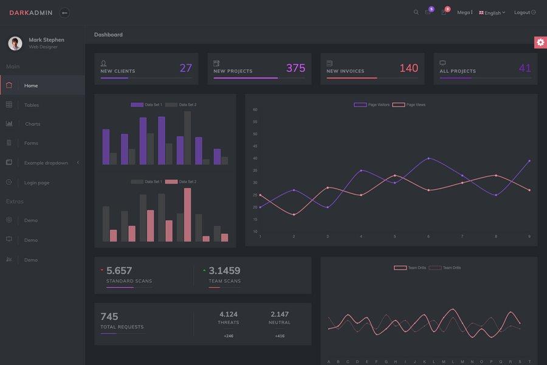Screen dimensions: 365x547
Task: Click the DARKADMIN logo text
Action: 31,13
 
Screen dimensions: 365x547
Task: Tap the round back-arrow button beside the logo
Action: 64,13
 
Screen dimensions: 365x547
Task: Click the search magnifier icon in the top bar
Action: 416,12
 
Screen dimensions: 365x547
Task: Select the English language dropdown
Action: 492,13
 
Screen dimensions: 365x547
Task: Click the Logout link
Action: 525,13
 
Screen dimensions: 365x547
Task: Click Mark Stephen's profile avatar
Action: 15,43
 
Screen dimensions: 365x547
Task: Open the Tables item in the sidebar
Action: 32,105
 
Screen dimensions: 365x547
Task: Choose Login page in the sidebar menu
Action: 36,182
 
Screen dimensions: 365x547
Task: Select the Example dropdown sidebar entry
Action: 46,163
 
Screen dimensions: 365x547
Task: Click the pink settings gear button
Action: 540,42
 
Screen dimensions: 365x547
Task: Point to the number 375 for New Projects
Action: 295,68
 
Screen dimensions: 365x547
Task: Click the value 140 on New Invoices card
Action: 408,68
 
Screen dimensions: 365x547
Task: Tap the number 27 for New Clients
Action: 186,68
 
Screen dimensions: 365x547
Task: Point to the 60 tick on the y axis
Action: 255,109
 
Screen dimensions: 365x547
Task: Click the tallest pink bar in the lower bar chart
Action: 187,215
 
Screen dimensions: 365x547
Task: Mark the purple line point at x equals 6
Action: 428,158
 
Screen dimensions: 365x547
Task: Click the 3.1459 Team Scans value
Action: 224,271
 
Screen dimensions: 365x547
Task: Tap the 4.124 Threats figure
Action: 229,315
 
